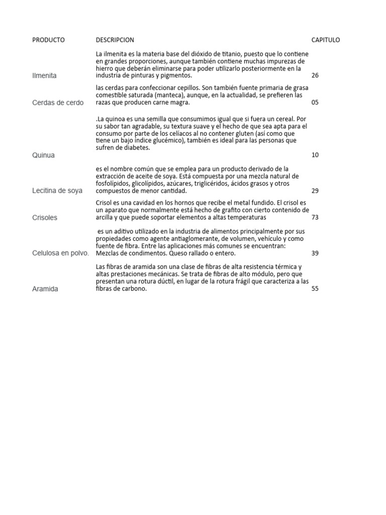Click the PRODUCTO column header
48,40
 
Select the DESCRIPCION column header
115,40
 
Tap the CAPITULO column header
326,40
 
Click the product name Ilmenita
44,75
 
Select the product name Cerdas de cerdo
58,103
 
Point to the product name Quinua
43,155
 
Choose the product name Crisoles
44,218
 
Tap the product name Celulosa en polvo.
60,253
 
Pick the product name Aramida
45,289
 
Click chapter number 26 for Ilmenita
315,75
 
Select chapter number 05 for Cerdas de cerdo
315,103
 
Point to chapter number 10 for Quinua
315,155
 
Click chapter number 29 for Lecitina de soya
315,191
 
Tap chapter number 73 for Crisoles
315,217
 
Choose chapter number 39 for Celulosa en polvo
315,253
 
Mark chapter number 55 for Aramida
315,289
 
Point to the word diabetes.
135,148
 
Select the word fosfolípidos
114,184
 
